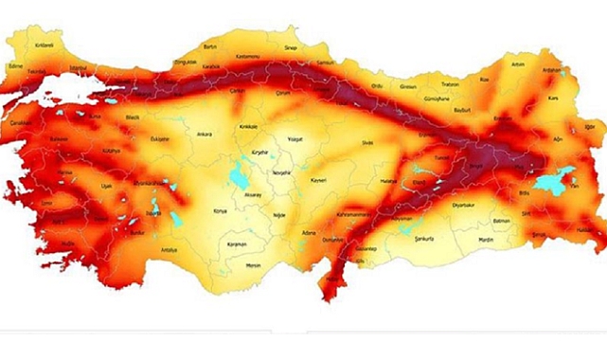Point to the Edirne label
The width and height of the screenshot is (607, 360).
coord(15,66)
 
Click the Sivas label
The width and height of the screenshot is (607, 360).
coord(367,142)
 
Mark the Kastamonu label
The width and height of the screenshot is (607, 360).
coord(251,59)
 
